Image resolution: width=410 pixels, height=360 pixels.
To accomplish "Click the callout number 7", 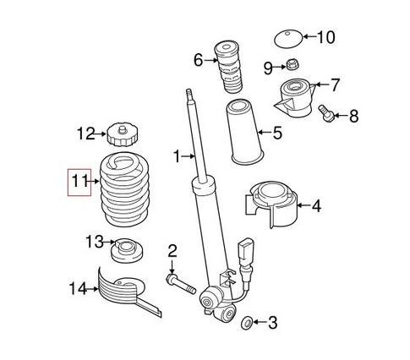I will tap(335, 85).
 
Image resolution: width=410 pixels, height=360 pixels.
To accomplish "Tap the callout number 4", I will tap(317, 205).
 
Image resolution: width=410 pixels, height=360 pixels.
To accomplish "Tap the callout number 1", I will tap(178, 155).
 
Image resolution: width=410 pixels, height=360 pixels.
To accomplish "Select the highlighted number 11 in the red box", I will tap(79, 181).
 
